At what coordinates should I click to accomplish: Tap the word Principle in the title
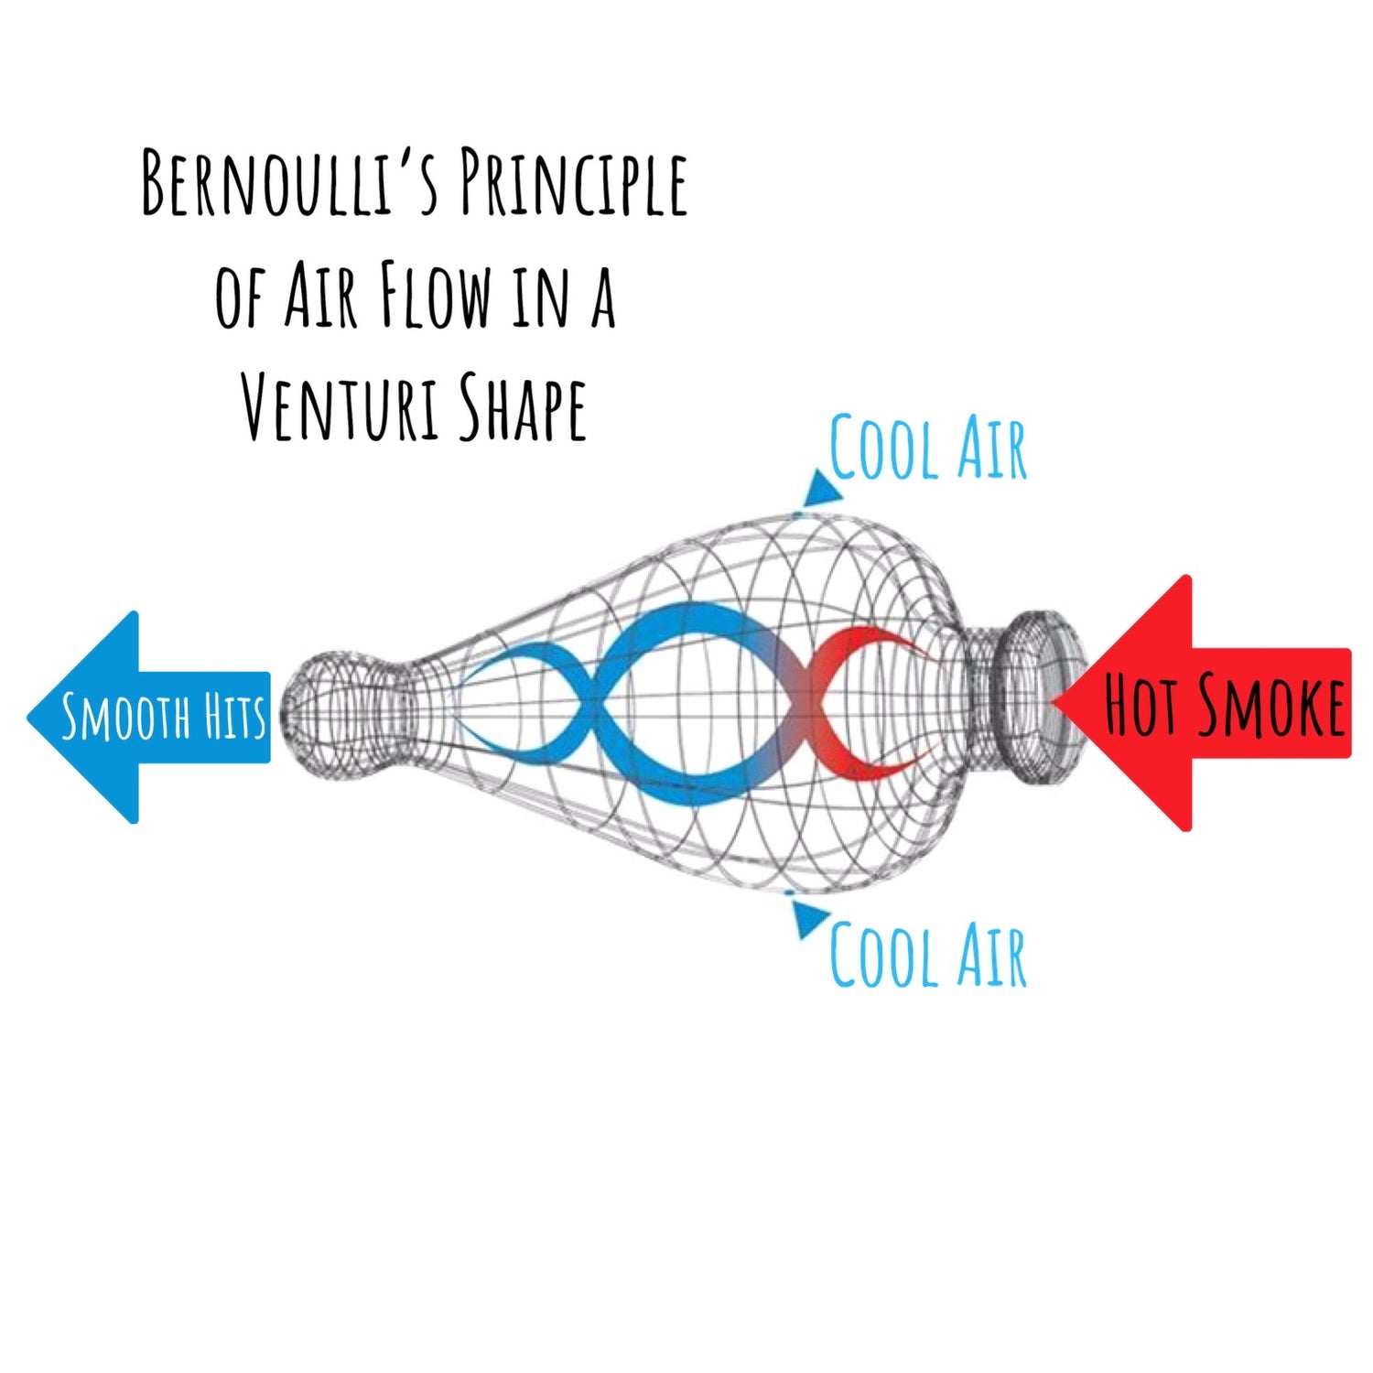coord(574,185)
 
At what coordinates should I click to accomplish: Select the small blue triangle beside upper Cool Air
coord(821,489)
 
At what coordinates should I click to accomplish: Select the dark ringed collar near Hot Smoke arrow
coord(1039,700)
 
